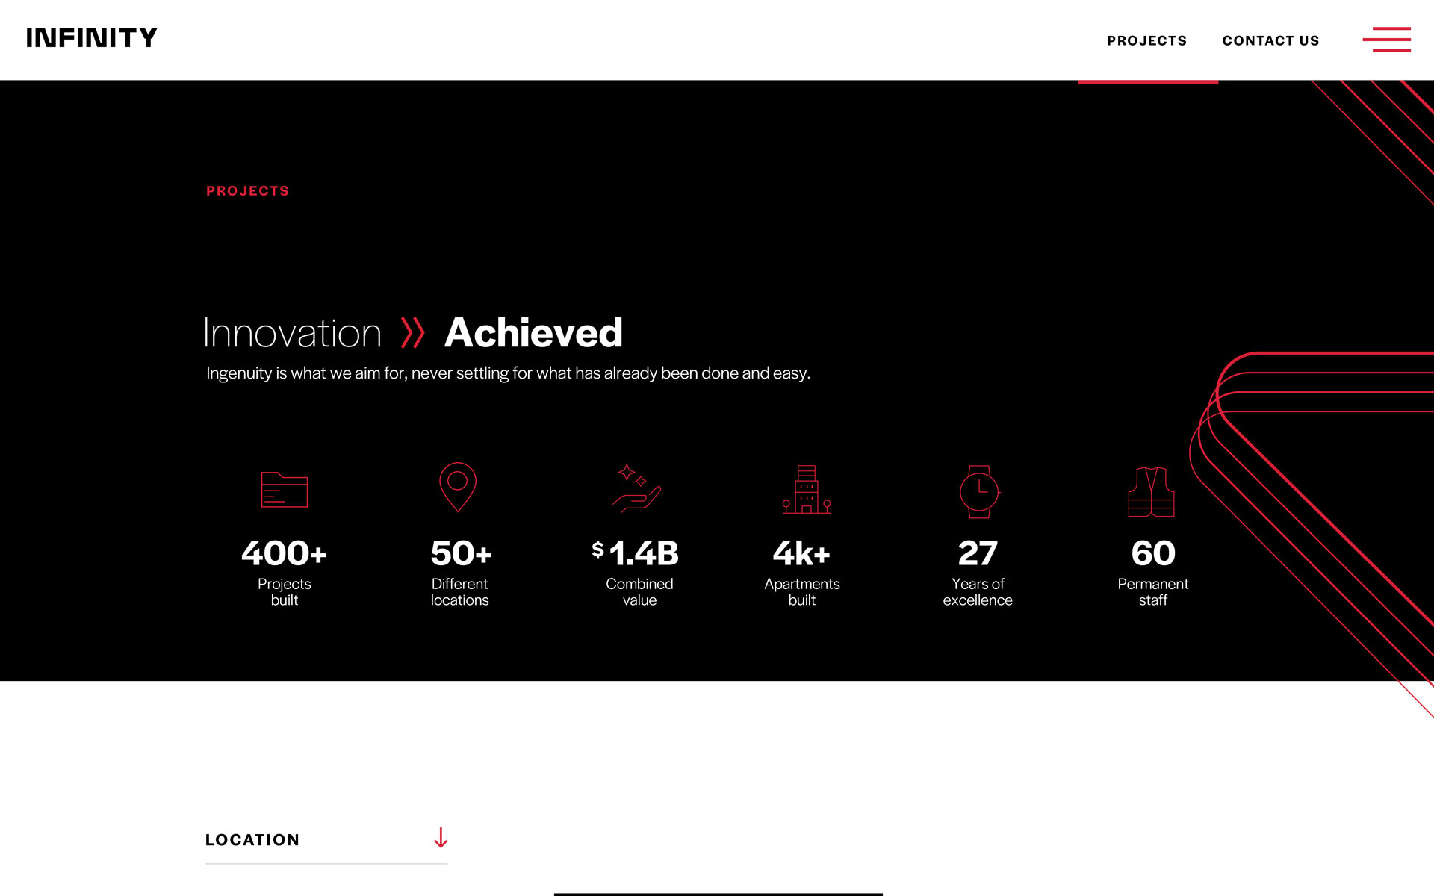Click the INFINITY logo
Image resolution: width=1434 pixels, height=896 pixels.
coord(92,38)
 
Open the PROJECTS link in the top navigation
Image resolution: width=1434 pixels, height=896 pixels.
coord(1146,41)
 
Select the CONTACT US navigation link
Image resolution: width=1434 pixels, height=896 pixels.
coord(1270,41)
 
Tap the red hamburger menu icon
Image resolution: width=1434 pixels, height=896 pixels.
coord(1386,40)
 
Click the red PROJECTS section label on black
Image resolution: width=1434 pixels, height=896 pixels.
coord(247,191)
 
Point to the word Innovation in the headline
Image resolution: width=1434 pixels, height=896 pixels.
coord(293,333)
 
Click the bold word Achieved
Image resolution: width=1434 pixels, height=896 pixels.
coord(533,333)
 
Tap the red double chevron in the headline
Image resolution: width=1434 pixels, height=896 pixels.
coord(412,333)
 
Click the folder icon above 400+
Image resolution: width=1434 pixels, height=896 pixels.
coord(284,490)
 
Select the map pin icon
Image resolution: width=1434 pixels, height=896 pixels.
coord(458,487)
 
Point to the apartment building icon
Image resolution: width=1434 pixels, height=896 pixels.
coord(807,489)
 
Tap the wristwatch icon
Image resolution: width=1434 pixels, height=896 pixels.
coord(979,491)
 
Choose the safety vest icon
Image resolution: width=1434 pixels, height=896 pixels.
coord(1151,492)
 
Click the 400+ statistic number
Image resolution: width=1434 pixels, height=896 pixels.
coord(284,553)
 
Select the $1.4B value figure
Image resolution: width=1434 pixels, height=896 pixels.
coord(636,553)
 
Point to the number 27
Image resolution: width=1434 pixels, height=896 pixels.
coord(978,553)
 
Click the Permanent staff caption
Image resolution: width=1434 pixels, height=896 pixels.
coord(1152,592)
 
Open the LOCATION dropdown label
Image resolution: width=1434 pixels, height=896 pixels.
coord(252,840)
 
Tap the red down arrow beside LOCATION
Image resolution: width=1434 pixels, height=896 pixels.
coord(441,837)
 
